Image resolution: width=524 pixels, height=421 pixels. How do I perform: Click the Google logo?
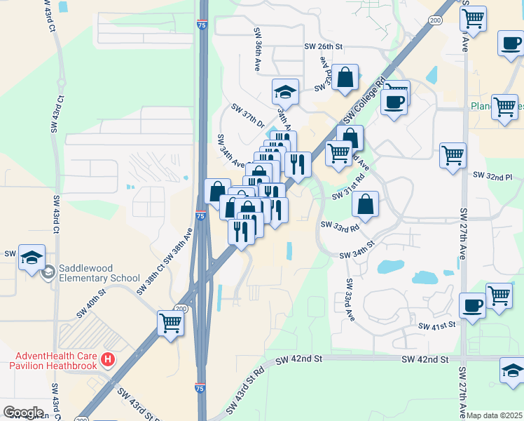23,413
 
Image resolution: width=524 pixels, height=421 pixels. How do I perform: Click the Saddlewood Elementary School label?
99,272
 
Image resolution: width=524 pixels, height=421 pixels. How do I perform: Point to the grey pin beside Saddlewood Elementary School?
48,272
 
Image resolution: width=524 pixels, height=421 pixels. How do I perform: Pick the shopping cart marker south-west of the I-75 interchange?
170,323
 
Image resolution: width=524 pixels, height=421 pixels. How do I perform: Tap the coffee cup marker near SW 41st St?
472,305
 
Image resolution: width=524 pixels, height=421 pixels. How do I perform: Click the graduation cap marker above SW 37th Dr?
285,91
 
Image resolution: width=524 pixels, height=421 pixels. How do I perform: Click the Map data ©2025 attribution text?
495,415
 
